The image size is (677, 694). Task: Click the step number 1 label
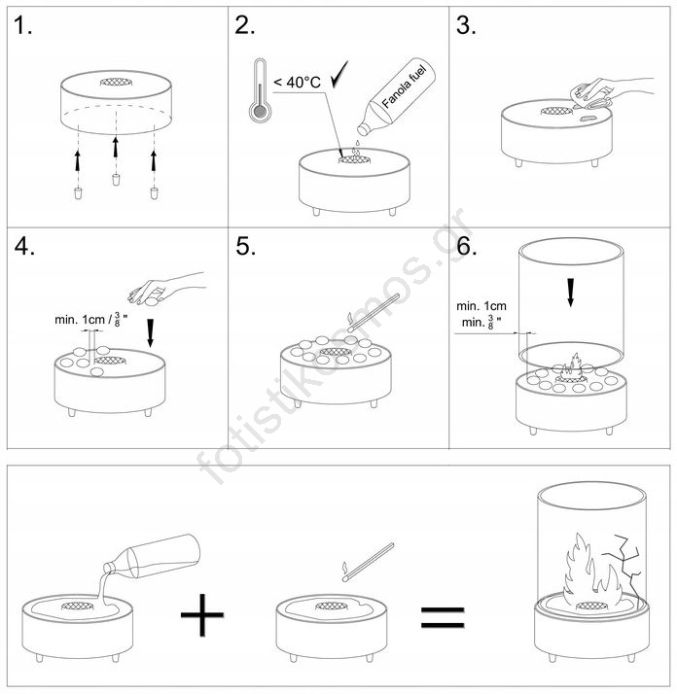[x=22, y=25]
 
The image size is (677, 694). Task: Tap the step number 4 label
[x=24, y=246]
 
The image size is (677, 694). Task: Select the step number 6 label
[x=467, y=246]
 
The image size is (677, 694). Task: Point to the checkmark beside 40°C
[x=339, y=74]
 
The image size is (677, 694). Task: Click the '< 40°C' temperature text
[x=297, y=83]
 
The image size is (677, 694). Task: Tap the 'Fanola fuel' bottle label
[x=404, y=87]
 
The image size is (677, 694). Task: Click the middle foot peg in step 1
[x=116, y=180]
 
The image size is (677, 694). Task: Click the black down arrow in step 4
[x=150, y=332]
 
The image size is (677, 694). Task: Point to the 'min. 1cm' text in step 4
[x=80, y=320]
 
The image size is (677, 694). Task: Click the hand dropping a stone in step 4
[x=166, y=289]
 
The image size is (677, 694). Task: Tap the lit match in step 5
[x=374, y=313]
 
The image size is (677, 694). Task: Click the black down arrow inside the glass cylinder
[x=571, y=293]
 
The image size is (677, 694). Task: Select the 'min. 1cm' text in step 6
[x=481, y=306]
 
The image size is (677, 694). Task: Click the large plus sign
[x=202, y=614]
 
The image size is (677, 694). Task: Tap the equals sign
[x=443, y=617]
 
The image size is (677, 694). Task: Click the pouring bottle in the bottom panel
[x=152, y=557]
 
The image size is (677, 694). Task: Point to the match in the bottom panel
[x=369, y=562]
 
